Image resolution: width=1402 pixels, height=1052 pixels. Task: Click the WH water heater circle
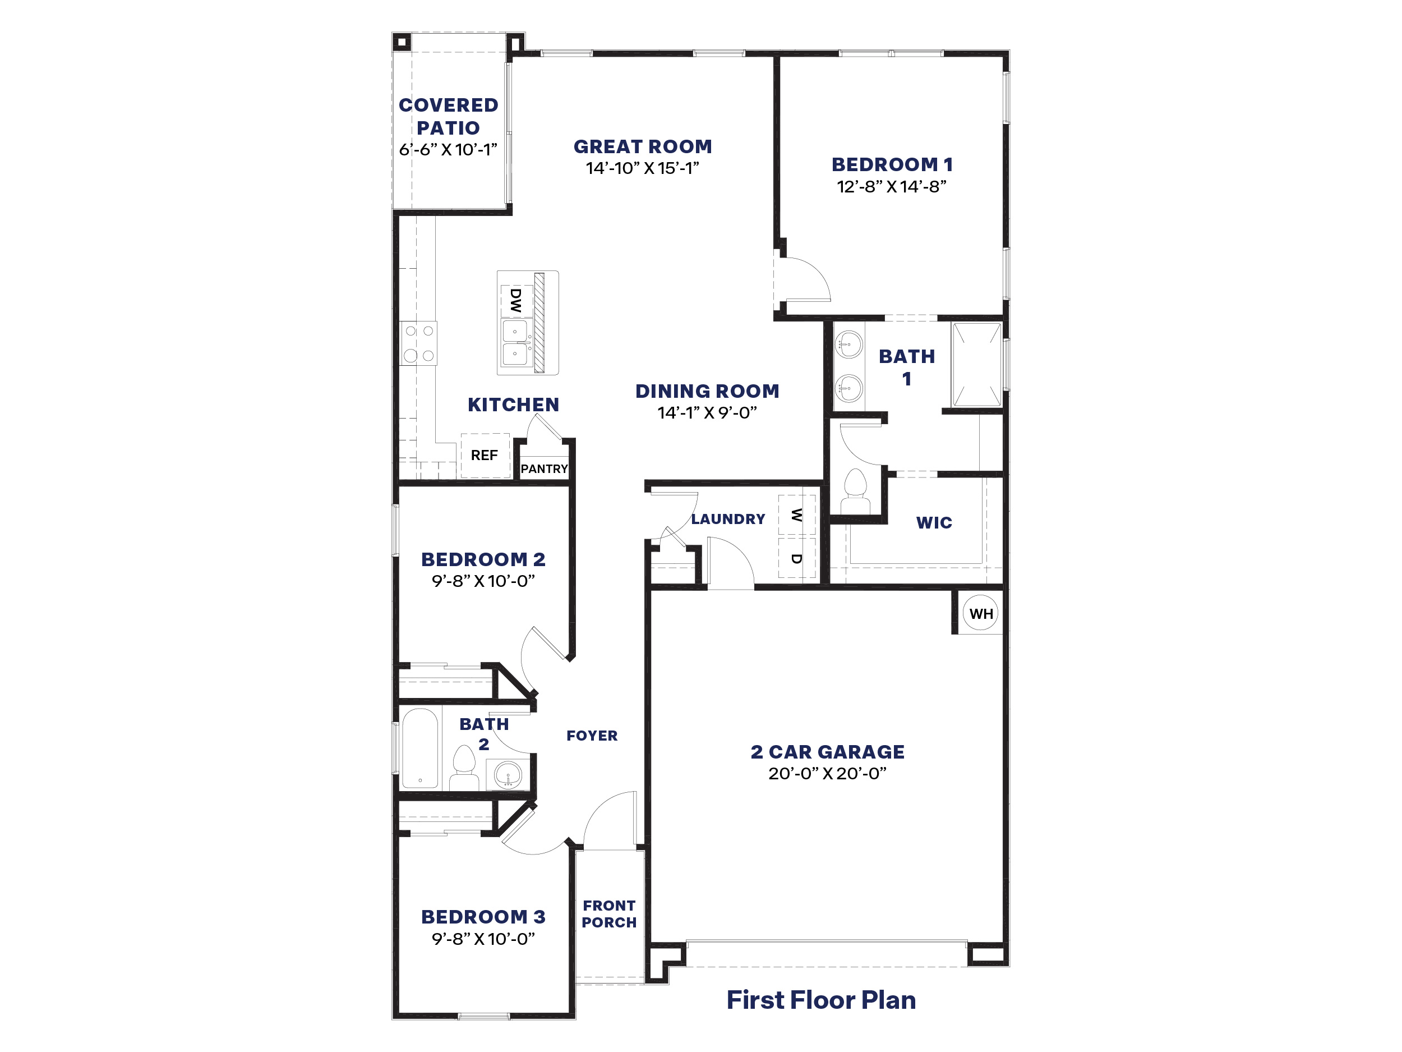point(980,613)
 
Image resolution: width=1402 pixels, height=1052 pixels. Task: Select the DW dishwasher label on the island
point(516,301)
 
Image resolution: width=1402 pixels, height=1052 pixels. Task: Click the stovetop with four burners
point(419,343)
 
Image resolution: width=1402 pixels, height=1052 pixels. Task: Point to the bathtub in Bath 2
point(419,748)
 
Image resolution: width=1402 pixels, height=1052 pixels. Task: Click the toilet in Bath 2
point(464,768)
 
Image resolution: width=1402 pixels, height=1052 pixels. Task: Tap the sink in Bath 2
point(507,774)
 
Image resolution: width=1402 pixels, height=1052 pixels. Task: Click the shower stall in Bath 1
point(977,365)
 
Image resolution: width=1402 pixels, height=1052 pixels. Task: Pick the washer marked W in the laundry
point(797,515)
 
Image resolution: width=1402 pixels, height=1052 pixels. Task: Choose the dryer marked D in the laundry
point(797,559)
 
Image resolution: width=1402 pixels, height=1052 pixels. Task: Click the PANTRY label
point(544,469)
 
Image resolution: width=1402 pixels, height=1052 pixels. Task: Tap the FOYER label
point(591,736)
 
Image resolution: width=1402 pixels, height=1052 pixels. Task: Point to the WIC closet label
point(934,522)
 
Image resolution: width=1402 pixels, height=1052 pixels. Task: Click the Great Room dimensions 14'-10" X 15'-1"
point(642,168)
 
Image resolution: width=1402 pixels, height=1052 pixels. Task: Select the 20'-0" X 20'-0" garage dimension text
point(827,774)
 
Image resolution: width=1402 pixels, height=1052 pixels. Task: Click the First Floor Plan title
point(821,1000)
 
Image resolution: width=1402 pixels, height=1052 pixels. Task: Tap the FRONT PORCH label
point(609,914)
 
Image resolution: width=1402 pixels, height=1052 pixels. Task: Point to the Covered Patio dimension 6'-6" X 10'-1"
point(448,150)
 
